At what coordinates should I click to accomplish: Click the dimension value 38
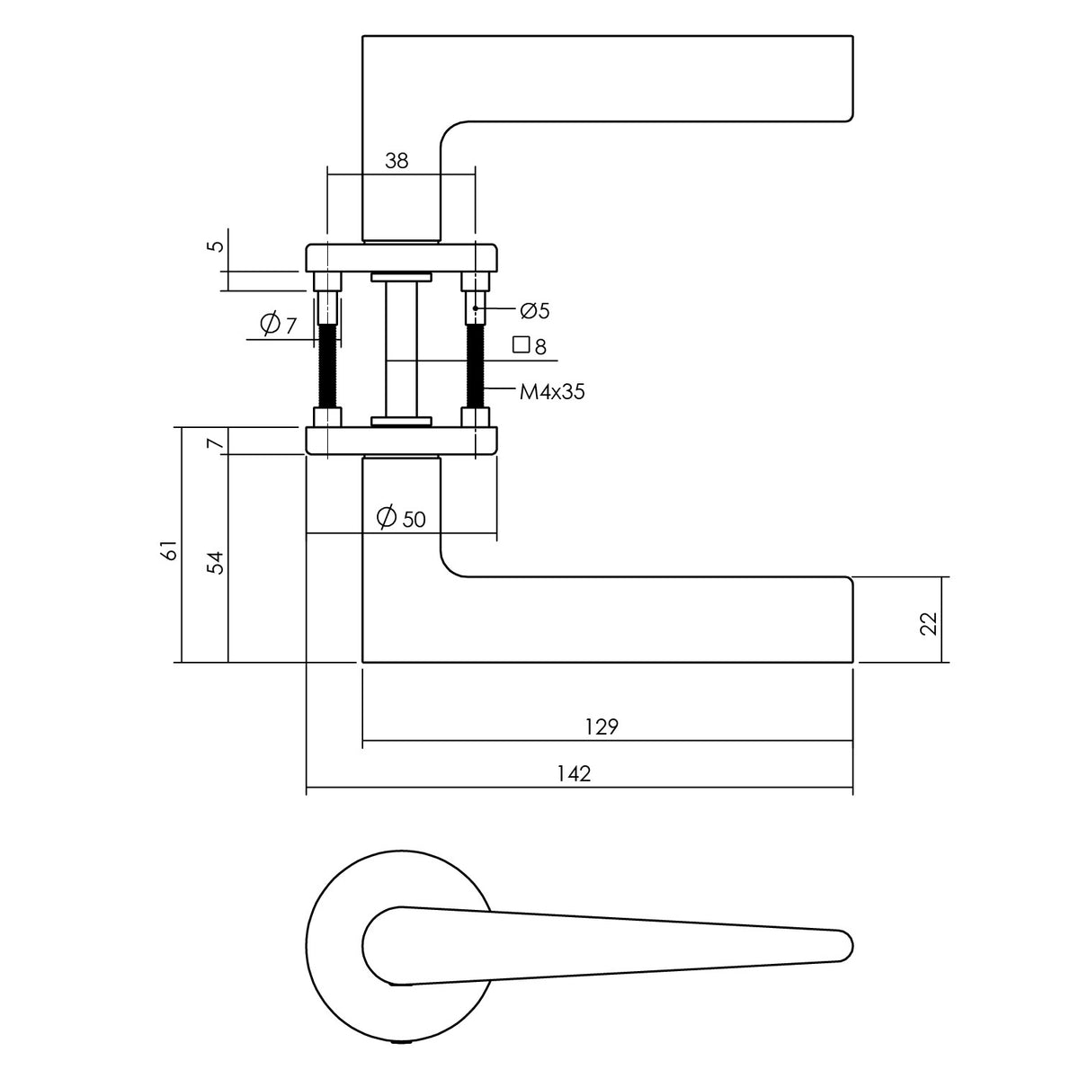[x=397, y=161]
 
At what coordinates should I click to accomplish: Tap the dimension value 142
[x=574, y=774]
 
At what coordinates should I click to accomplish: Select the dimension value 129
[x=602, y=727]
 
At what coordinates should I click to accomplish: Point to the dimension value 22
[x=928, y=623]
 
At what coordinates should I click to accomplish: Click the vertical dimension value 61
[x=170, y=550]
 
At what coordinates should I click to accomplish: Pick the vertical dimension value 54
[x=216, y=563]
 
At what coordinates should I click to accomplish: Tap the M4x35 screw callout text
[x=552, y=392]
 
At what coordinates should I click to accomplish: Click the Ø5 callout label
[x=535, y=310]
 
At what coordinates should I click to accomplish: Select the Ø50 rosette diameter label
[x=401, y=518]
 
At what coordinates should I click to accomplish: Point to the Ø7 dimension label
[x=278, y=325]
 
